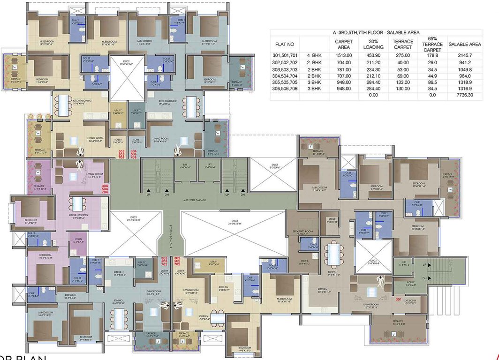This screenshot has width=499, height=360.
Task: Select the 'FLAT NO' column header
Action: click(285, 44)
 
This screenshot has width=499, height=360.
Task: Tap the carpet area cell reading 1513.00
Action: click(343, 55)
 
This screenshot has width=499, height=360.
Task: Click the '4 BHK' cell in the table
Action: click(314, 55)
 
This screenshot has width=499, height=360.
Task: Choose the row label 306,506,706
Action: click(285, 88)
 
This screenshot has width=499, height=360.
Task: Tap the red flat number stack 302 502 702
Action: click(177, 261)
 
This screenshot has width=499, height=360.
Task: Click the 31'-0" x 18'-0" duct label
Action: click(232, 223)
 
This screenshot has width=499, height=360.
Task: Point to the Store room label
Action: click(332, 220)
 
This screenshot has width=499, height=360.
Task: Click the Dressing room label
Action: click(57, 296)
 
